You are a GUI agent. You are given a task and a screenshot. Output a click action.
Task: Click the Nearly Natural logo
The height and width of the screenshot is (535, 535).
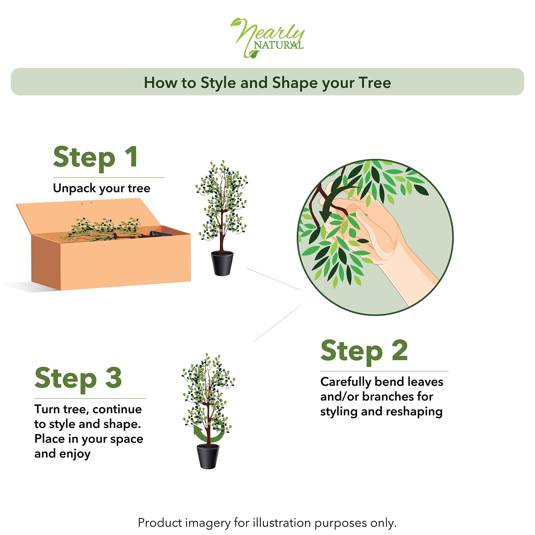click(x=267, y=38)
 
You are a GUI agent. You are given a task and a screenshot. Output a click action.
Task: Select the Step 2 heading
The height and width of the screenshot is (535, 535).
click(x=364, y=351)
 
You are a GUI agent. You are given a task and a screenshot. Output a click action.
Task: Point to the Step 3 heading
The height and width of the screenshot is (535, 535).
click(x=78, y=379)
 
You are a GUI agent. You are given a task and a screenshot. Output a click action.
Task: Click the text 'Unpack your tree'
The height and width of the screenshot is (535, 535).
click(x=102, y=189)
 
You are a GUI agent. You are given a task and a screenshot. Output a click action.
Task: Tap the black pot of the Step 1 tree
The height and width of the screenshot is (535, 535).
click(x=222, y=263)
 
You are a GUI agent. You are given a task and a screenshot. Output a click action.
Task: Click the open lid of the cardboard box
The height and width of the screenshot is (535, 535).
click(x=89, y=216)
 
